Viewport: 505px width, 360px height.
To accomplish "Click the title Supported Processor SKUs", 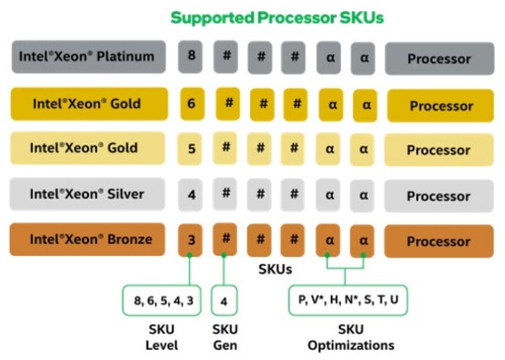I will click(x=277, y=18).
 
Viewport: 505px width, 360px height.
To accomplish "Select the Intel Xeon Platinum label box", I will click(x=87, y=56).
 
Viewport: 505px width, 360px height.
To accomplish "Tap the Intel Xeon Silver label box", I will click(x=87, y=194).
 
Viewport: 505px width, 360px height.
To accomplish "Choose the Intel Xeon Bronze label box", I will click(x=87, y=240).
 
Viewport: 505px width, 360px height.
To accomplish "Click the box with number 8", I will click(x=192, y=55).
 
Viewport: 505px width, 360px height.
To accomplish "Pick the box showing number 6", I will click(x=192, y=103).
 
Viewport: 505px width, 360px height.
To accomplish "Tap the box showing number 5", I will click(x=192, y=148).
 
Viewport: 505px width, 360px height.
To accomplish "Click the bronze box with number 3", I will click(x=192, y=241).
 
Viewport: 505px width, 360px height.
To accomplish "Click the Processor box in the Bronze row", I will click(x=439, y=241).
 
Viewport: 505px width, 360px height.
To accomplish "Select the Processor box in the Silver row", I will click(x=439, y=196).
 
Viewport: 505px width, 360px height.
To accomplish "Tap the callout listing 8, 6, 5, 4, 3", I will click(x=162, y=300).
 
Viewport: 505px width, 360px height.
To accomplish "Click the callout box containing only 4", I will click(x=224, y=301).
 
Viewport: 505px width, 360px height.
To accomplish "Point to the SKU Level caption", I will click(x=162, y=338).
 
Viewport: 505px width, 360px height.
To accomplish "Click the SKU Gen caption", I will click(x=225, y=338).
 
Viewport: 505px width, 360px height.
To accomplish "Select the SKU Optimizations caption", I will click(x=351, y=338).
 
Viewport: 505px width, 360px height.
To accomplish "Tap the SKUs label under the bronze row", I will click(x=276, y=270).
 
